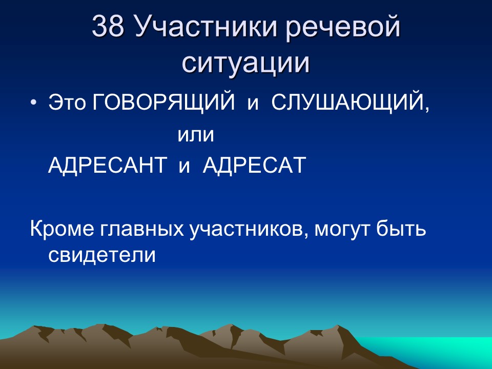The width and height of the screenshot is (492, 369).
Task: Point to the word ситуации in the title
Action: click(246, 63)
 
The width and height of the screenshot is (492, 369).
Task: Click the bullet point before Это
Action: click(34, 104)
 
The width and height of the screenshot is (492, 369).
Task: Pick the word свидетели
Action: click(101, 255)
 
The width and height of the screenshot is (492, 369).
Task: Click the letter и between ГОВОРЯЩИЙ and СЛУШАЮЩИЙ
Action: click(252, 105)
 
